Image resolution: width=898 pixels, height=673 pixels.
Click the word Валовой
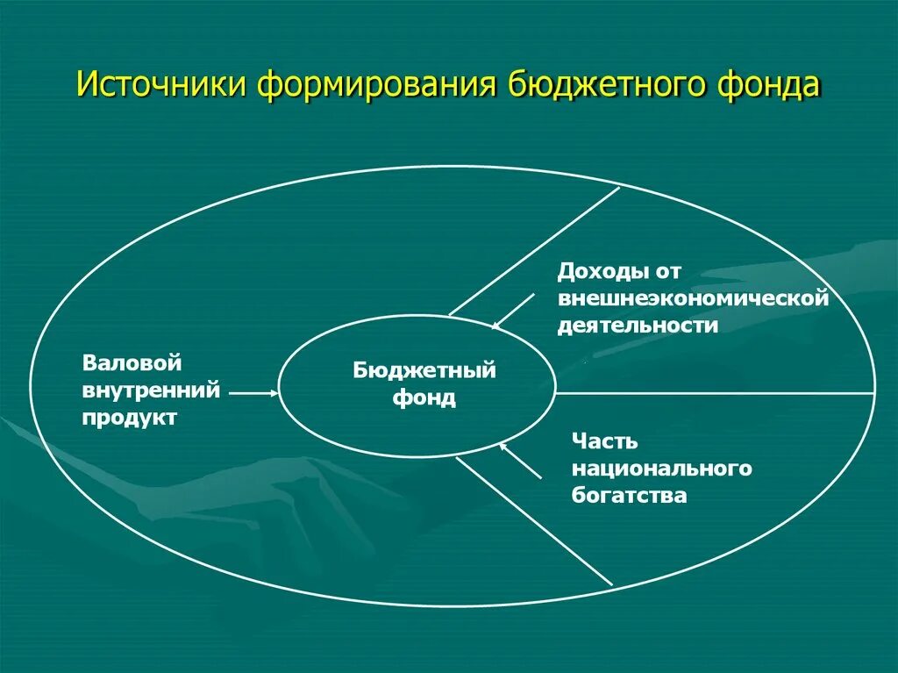click(x=132, y=362)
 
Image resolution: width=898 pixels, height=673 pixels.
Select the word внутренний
click(x=151, y=390)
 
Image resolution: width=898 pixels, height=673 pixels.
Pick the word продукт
click(x=130, y=417)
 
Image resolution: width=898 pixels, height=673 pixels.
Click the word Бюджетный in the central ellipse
click(x=424, y=370)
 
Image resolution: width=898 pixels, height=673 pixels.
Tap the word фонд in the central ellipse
click(x=424, y=398)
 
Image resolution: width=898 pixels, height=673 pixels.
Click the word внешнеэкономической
click(x=694, y=298)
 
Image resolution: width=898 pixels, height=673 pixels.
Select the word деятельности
click(x=638, y=326)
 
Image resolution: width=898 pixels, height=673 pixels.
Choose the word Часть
click(x=605, y=440)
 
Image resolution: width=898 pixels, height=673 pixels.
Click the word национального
click(x=662, y=468)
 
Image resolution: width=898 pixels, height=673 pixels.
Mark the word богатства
click(x=629, y=495)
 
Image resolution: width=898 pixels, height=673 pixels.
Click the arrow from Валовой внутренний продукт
click(x=253, y=394)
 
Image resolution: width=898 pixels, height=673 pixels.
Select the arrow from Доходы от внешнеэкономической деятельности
click(x=513, y=311)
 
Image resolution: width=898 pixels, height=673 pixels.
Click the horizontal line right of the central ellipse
click(x=715, y=393)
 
